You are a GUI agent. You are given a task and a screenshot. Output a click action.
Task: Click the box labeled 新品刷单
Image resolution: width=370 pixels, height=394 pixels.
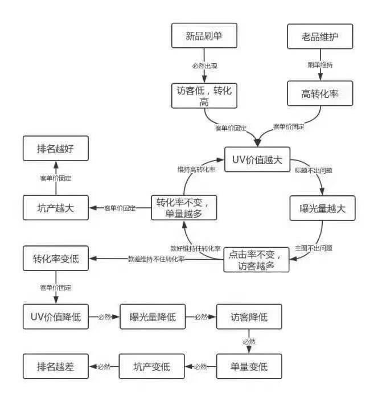click(x=204, y=35)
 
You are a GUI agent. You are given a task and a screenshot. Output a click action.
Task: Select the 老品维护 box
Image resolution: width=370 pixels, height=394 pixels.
click(x=320, y=36)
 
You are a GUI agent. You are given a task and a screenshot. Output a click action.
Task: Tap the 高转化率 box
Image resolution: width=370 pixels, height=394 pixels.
click(x=320, y=93)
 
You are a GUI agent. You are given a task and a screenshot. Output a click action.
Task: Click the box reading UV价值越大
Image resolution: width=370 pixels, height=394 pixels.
click(x=257, y=159)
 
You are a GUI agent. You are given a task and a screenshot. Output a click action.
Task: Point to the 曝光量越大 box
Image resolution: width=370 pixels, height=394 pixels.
click(x=323, y=208)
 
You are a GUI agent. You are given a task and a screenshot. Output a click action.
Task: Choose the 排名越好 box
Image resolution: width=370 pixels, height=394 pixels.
click(x=56, y=148)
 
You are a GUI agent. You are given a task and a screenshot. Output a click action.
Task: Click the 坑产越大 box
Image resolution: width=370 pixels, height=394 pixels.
click(x=56, y=208)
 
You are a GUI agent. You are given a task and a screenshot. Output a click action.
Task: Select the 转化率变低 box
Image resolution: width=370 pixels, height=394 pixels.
click(x=56, y=258)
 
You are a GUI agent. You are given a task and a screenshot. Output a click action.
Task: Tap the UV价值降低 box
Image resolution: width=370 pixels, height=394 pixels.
click(x=56, y=317)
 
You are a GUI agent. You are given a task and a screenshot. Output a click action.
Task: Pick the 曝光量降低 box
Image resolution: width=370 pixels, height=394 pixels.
click(x=153, y=317)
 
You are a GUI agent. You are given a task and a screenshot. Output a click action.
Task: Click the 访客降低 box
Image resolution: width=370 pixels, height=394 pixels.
click(x=249, y=317)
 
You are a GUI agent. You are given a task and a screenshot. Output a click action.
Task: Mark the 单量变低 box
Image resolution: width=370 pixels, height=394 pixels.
click(x=249, y=366)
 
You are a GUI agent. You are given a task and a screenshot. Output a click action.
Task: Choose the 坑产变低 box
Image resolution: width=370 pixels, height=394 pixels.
click(x=152, y=366)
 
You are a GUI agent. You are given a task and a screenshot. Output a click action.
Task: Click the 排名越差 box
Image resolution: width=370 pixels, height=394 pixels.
click(x=56, y=366)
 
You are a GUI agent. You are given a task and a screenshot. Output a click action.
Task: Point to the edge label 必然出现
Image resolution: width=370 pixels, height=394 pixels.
click(x=205, y=66)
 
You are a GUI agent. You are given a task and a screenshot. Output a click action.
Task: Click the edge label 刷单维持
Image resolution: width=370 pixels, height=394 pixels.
click(x=320, y=65)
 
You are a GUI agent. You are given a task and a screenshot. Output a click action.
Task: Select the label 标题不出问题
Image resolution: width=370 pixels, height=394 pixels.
click(x=314, y=171)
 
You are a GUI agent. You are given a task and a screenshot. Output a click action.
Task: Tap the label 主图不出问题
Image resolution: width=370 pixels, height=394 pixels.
click(x=314, y=248)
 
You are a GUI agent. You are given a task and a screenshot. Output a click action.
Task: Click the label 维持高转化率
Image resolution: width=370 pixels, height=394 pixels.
click(x=196, y=170)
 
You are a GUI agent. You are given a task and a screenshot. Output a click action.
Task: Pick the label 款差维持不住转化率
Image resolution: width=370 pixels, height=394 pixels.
click(x=156, y=259)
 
